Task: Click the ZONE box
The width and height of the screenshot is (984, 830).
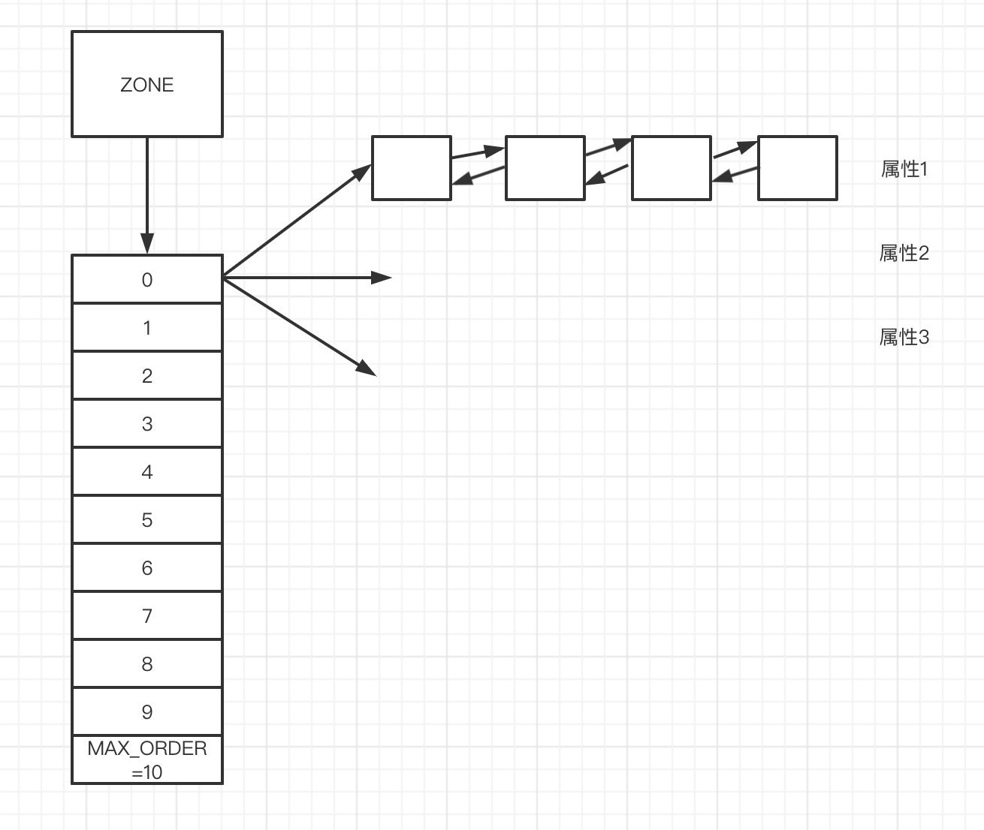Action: [x=147, y=84]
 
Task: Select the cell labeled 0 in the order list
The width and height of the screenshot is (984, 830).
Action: [x=147, y=279]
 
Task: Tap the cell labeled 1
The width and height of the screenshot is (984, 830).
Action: [x=147, y=327]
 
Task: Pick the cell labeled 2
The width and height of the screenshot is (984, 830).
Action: [x=147, y=375]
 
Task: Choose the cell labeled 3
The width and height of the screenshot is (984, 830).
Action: [x=147, y=423]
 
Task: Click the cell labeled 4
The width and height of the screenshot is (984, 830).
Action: [x=147, y=471]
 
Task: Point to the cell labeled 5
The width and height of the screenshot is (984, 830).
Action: [x=147, y=519]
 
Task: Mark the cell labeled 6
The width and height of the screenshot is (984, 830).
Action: [x=147, y=567]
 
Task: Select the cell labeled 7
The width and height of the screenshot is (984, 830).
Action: [x=147, y=615]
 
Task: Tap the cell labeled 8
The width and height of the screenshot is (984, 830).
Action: [x=147, y=663]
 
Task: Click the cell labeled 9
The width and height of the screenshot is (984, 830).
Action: [x=147, y=711]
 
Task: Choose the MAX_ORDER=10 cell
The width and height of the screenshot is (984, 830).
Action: [x=147, y=759]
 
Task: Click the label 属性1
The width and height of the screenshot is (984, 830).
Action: [x=904, y=170]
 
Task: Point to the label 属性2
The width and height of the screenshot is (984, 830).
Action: [x=904, y=254]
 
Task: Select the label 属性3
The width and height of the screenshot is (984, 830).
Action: [x=904, y=338]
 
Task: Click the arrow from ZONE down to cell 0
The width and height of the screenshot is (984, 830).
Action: [x=147, y=195]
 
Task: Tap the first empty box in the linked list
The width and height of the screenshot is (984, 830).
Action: [x=412, y=168]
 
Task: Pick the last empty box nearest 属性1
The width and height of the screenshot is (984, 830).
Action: [x=797, y=168]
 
